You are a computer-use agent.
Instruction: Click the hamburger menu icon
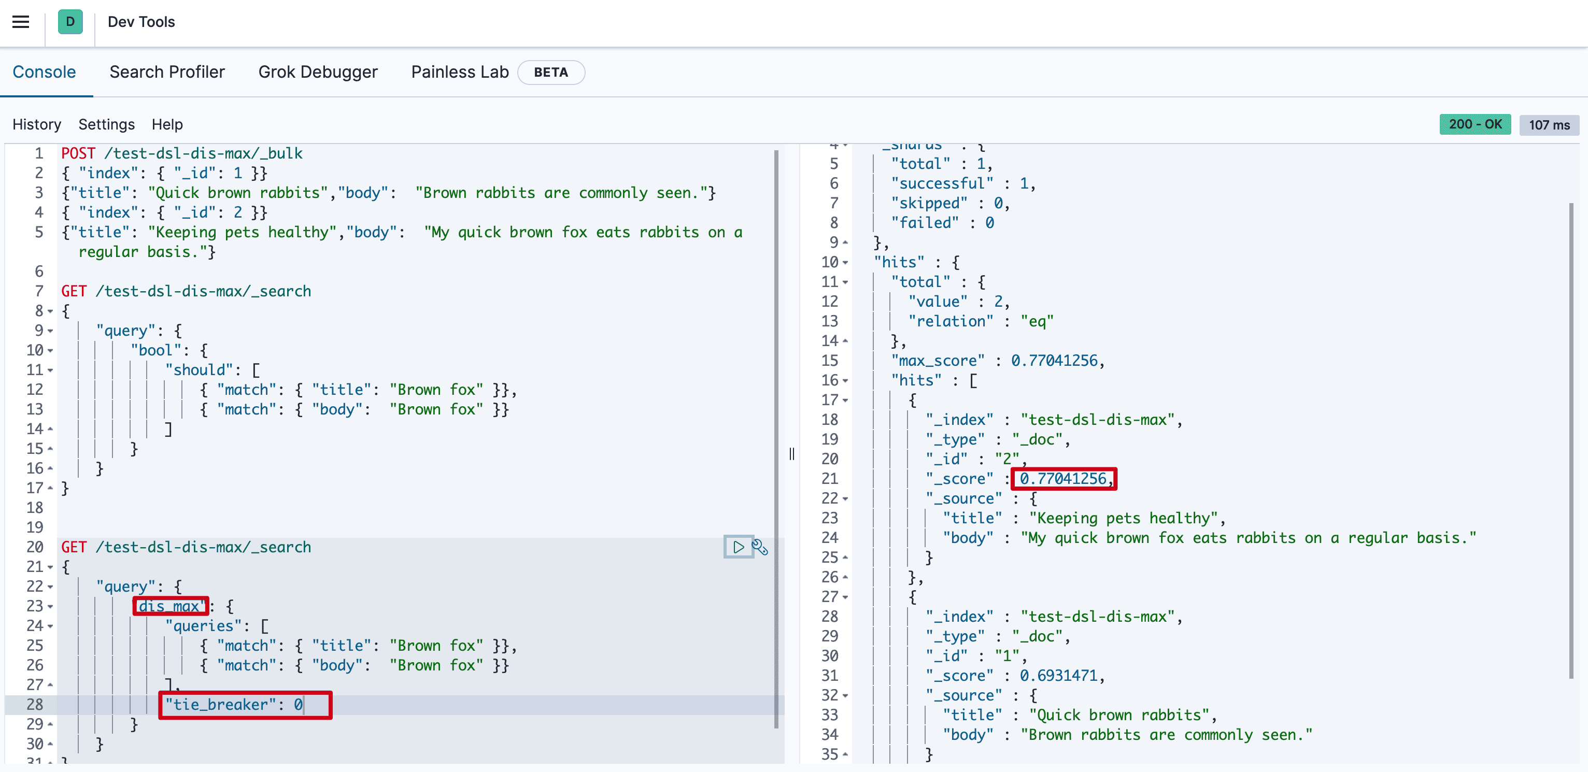click(x=21, y=22)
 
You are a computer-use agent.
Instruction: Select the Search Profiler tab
click(x=167, y=72)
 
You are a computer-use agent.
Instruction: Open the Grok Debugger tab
click(x=318, y=72)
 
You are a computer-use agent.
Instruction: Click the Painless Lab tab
click(x=459, y=72)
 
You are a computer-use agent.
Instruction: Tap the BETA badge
click(x=550, y=72)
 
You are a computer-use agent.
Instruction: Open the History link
click(x=37, y=124)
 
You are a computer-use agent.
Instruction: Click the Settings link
click(x=106, y=124)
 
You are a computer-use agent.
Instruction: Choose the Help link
click(x=167, y=124)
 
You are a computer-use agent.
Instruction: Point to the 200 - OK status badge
click(x=1474, y=124)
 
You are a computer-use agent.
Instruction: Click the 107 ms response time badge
click(x=1549, y=125)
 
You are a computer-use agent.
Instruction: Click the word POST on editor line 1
click(x=78, y=153)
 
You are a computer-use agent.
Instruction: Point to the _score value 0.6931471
click(x=1058, y=676)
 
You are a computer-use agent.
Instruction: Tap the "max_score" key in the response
click(x=937, y=361)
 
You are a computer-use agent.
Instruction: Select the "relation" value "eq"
click(x=1037, y=321)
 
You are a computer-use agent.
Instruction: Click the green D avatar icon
click(x=70, y=22)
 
